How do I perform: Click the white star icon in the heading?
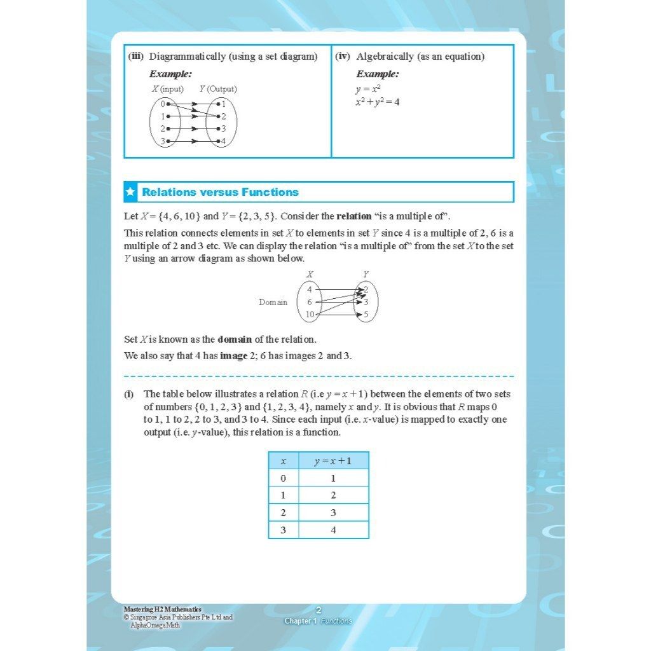(130, 192)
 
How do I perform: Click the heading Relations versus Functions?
(220, 192)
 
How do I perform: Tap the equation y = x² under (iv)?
(368, 89)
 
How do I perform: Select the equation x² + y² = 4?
(378, 102)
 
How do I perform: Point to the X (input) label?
(167, 90)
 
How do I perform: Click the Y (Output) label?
(217, 90)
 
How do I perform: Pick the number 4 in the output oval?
(223, 141)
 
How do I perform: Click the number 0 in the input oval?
(163, 104)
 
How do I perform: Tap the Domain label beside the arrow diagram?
(273, 303)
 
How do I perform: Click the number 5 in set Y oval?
(366, 315)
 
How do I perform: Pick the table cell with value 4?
(333, 530)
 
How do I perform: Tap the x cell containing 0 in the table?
(284, 479)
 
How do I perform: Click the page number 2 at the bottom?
(319, 610)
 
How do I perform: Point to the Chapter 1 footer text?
(300, 621)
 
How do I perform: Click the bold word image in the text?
(233, 356)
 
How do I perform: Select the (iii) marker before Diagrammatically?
(135, 57)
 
